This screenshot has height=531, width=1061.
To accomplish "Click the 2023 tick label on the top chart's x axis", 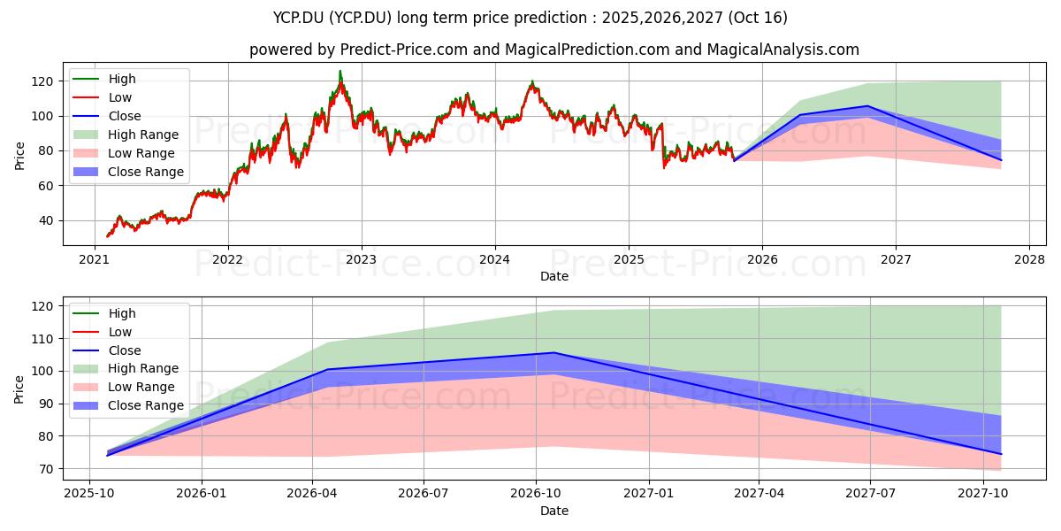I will (361, 259).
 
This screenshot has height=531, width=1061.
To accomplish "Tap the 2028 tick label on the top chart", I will (1029, 259).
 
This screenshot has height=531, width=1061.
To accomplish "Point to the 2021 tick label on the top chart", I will (94, 259).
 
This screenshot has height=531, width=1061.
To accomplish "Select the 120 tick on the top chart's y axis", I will (43, 81).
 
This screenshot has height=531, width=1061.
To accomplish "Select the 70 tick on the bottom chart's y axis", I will (46, 469).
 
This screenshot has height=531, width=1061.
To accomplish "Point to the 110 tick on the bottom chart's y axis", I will (43, 339).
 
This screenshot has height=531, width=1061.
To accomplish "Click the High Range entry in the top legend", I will (143, 135).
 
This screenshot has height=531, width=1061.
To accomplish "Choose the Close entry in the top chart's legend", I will (125, 116).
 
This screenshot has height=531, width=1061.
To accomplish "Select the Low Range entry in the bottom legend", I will (141, 387).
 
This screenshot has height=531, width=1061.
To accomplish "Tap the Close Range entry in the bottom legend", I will (146, 405).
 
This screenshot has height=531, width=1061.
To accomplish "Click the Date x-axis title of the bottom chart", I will (554, 511).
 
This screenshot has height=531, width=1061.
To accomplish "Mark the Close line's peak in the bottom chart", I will (554, 352).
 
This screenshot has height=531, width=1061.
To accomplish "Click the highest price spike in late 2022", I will (340, 72).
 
